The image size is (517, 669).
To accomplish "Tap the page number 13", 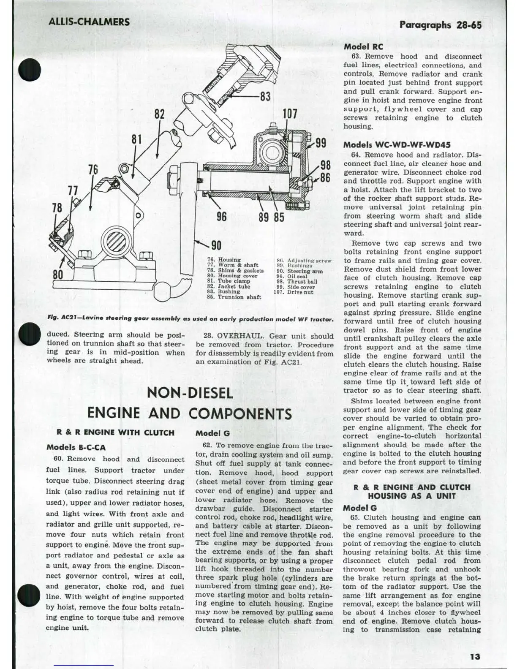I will click(475, 656).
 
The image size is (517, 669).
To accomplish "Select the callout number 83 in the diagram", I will click(265, 96).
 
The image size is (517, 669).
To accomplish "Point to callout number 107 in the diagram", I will click(290, 114).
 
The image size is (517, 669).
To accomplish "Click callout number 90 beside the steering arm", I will click(216, 245).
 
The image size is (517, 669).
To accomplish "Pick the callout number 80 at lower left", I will click(58, 275).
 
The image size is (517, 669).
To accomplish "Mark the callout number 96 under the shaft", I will click(221, 217).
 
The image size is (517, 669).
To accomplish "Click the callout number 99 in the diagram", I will click(321, 142).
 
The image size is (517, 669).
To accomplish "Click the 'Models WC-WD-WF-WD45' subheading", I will click(397, 144).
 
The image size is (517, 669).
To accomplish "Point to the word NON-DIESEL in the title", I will click(190, 393).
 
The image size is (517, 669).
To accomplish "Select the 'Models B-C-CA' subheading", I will click(76, 447).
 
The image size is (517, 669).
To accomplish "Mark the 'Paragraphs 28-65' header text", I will click(440, 25).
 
